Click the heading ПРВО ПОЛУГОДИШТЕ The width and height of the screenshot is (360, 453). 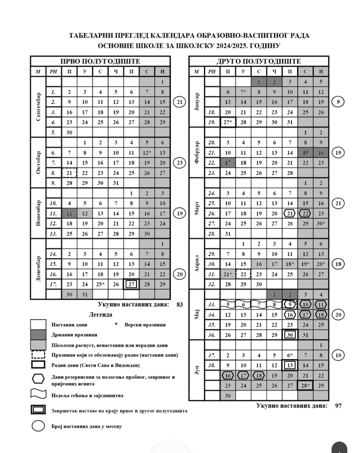click(100, 61)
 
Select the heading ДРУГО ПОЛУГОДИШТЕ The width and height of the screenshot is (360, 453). click(258, 61)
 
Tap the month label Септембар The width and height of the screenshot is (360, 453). click(38, 107)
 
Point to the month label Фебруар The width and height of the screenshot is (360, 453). click(197, 153)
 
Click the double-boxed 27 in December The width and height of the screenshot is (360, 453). click(131, 284)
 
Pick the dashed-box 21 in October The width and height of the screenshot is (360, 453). click(69, 173)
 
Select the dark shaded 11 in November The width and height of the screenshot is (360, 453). click(69, 213)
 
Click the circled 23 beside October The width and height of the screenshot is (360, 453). click(180, 163)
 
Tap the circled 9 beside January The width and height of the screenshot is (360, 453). click(338, 102)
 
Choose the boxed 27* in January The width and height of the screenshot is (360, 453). click(228, 122)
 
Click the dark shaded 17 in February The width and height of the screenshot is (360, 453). click(228, 163)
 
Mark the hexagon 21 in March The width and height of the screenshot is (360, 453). click(290, 214)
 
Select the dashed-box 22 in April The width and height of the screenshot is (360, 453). click(243, 274)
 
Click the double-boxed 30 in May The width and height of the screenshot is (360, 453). click(290, 335)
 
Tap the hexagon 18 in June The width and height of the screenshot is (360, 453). click(259, 375)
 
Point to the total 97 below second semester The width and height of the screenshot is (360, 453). click(338, 406)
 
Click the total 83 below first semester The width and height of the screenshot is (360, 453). click(180, 304)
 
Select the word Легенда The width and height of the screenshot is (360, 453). click(100, 314)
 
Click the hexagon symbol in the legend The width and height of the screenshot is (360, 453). click(38, 379)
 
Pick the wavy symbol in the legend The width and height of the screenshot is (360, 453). click(38, 395)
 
